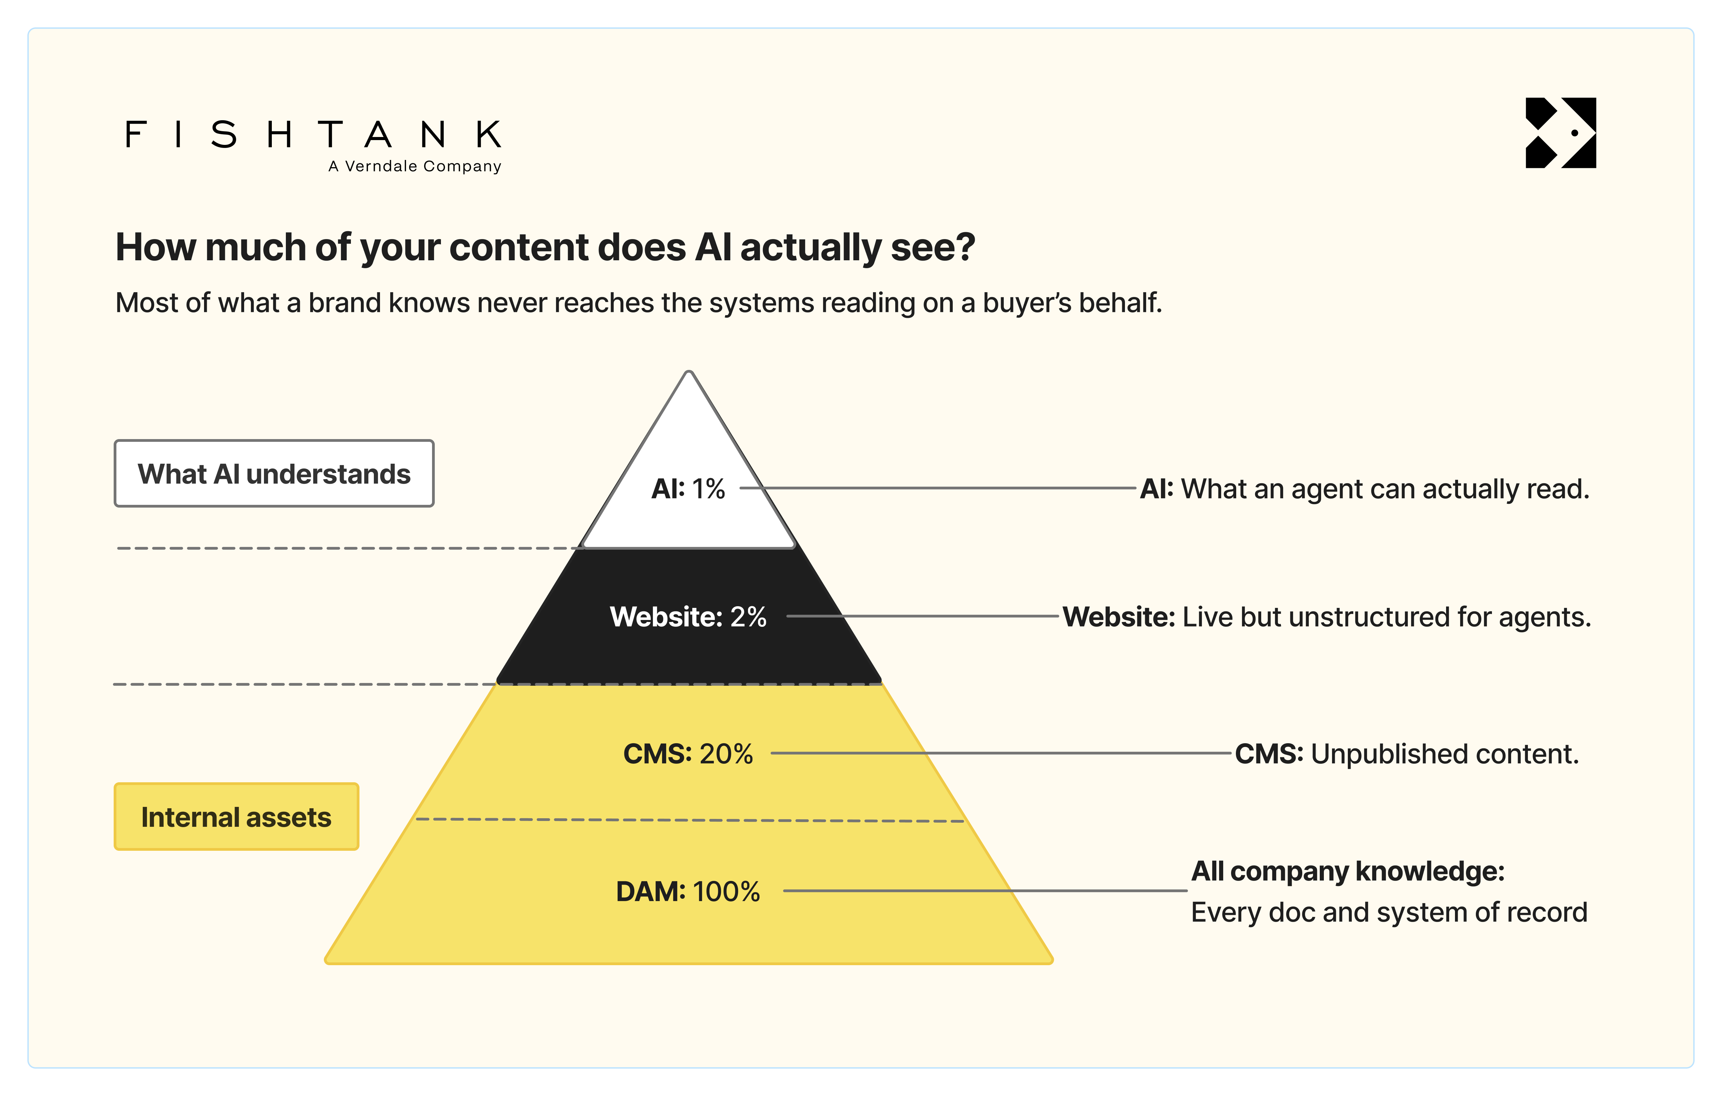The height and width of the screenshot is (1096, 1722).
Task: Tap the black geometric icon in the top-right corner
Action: pyautogui.click(x=1560, y=133)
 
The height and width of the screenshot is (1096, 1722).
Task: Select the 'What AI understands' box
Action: pyautogui.click(x=274, y=474)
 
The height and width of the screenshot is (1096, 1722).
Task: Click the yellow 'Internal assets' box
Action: pyautogui.click(x=236, y=816)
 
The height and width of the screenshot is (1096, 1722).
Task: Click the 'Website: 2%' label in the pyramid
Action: pyautogui.click(x=688, y=617)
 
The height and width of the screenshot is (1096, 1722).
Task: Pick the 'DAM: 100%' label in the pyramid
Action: pyautogui.click(x=688, y=892)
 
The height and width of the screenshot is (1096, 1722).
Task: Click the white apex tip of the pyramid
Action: pyautogui.click(x=689, y=372)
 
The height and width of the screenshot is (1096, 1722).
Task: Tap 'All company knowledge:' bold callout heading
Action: pyautogui.click(x=1348, y=871)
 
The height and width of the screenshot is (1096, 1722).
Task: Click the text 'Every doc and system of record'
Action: pyautogui.click(x=1389, y=912)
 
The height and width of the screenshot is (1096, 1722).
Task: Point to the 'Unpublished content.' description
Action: pyautogui.click(x=1445, y=754)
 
